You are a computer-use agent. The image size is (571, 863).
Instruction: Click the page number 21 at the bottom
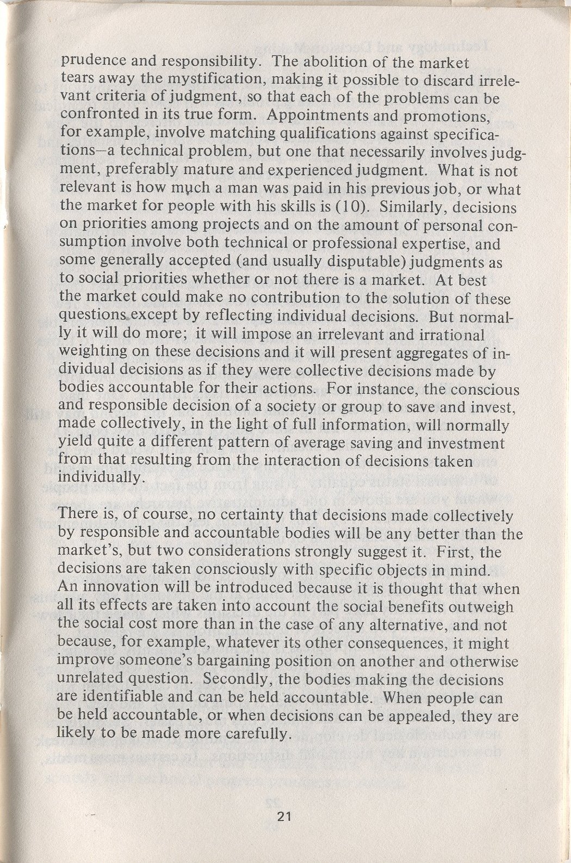coord(284,816)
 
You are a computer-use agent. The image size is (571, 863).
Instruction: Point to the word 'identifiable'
coord(128,698)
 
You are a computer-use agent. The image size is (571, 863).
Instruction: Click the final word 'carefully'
coord(249,735)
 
